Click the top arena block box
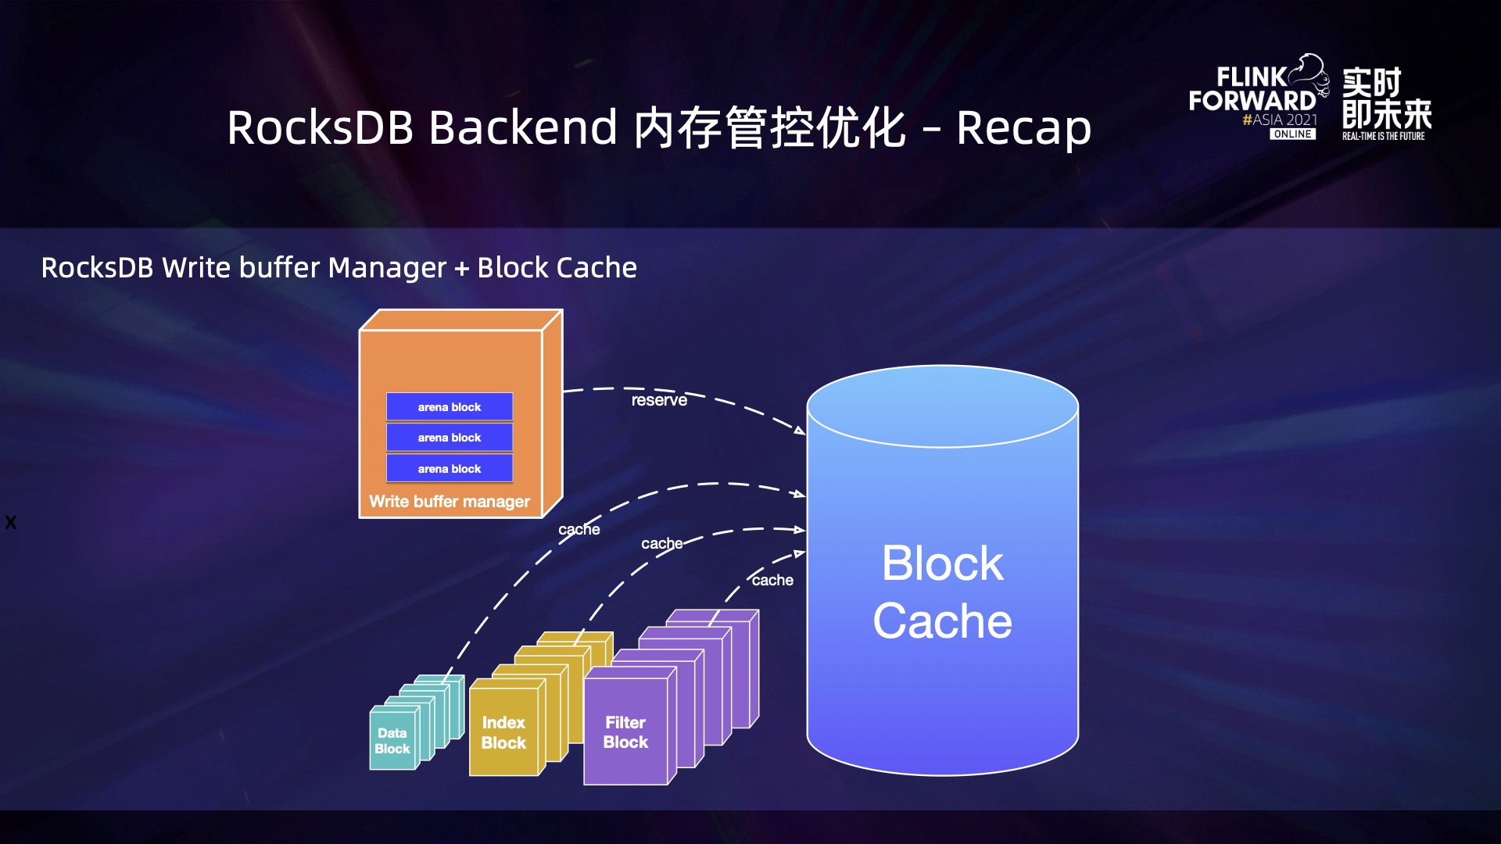[x=450, y=407]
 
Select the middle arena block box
[x=450, y=438]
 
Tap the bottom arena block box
[x=450, y=469]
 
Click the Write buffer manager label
[x=450, y=502]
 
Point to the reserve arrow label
[x=659, y=400]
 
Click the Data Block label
[x=392, y=741]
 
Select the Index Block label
[x=503, y=733]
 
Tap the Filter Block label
[x=625, y=733]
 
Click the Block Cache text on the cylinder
[x=943, y=592]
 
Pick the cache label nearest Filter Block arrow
[x=772, y=581]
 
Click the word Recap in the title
[x=1024, y=128]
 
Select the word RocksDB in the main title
[x=320, y=128]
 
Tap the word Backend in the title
[x=523, y=128]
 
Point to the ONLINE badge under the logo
[x=1292, y=134]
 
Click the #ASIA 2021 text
[x=1280, y=120]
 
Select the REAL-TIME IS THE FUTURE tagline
[x=1383, y=136]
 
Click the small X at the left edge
[x=10, y=523]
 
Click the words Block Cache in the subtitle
[x=557, y=268]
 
